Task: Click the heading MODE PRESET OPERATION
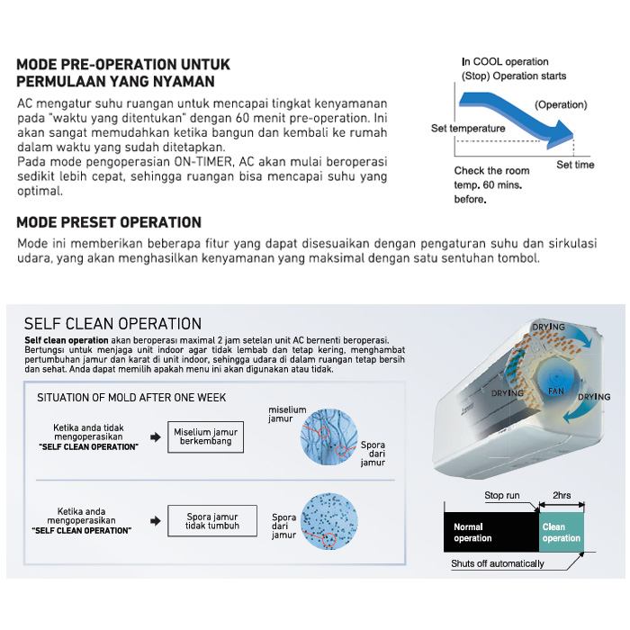pyautogui.click(x=109, y=222)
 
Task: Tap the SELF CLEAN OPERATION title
pyautogui.click(x=112, y=324)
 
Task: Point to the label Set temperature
pyautogui.click(x=468, y=129)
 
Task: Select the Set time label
pyautogui.click(x=575, y=166)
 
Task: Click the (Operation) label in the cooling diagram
pyautogui.click(x=561, y=104)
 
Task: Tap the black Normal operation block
pyautogui.click(x=490, y=532)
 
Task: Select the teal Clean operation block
pyautogui.click(x=561, y=532)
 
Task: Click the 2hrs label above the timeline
pyautogui.click(x=561, y=496)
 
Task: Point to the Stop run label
pyautogui.click(x=501, y=496)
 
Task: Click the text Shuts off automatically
pyautogui.click(x=498, y=564)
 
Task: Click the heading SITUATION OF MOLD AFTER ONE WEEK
pyautogui.click(x=131, y=397)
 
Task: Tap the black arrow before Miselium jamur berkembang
pyautogui.click(x=156, y=436)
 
